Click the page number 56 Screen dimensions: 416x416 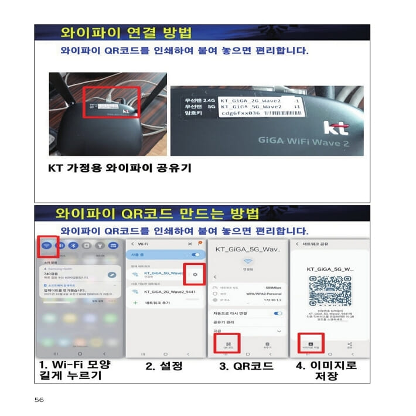39,400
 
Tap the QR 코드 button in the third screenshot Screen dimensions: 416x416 229,345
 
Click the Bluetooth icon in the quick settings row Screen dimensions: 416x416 73,246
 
